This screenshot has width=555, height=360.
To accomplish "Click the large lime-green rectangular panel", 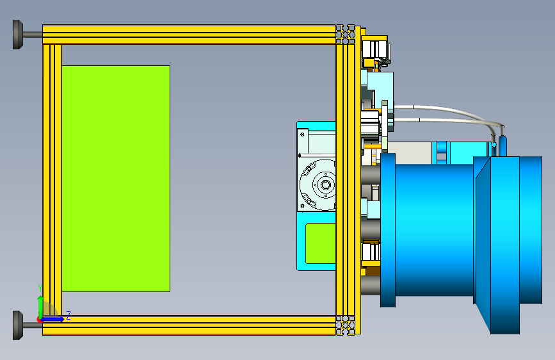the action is pyautogui.click(x=116, y=179).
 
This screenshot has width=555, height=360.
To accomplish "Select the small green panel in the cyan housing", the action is pyautogui.click(x=321, y=243).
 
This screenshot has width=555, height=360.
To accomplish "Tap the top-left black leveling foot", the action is pyautogui.click(x=18, y=35).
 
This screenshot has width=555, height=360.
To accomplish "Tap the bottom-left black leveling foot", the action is pyautogui.click(x=18, y=325).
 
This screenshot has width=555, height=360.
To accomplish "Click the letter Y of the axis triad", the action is pyautogui.click(x=40, y=288).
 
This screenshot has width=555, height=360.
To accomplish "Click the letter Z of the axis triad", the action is pyautogui.click(x=68, y=315).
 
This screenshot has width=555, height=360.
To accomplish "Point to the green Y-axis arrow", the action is pyautogui.click(x=41, y=307).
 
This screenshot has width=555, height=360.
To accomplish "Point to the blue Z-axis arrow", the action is pyautogui.click(x=52, y=319).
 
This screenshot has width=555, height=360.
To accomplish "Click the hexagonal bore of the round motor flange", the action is pyautogui.click(x=325, y=184).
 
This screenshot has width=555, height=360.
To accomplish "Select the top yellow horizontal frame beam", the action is pyautogui.click(x=189, y=35).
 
